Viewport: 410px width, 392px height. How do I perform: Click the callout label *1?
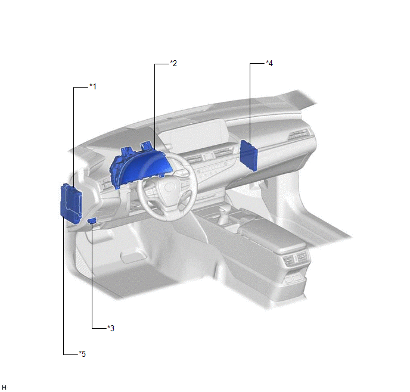click(93, 86)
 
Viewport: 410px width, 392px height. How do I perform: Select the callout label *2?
click(173, 63)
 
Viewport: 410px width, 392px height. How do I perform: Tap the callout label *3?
click(111, 328)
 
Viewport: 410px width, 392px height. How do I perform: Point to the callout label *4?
click(269, 63)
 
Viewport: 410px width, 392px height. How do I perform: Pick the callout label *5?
click(82, 354)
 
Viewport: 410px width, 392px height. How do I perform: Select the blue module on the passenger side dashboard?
click(249, 155)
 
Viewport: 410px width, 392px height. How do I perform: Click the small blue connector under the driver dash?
click(92, 221)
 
